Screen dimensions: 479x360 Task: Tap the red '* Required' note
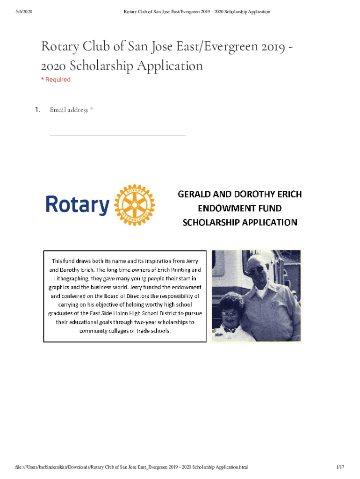[x=56, y=80]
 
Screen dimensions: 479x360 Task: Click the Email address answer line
[x=117, y=135]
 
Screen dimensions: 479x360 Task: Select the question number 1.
[x=38, y=110]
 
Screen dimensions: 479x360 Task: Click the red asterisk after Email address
[x=92, y=110]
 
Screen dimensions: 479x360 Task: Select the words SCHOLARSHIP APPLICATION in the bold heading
[x=239, y=222]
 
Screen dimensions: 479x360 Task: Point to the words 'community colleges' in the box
[x=99, y=331]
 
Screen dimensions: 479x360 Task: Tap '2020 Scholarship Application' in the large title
[x=122, y=65]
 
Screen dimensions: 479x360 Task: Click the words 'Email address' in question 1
[x=69, y=110]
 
